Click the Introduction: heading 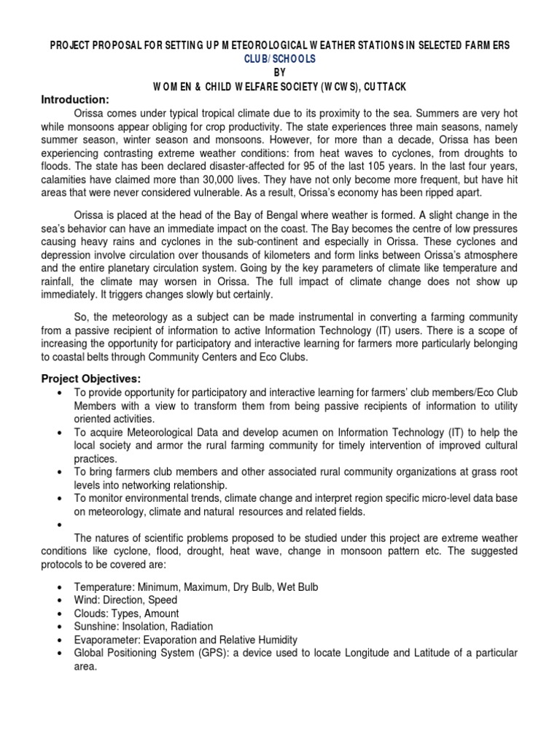[x=75, y=99]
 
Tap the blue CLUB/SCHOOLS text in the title [x=280, y=59]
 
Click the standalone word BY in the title [x=280, y=73]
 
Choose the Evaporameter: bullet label [x=105, y=640]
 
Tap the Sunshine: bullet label [x=96, y=627]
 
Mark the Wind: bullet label [x=87, y=600]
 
